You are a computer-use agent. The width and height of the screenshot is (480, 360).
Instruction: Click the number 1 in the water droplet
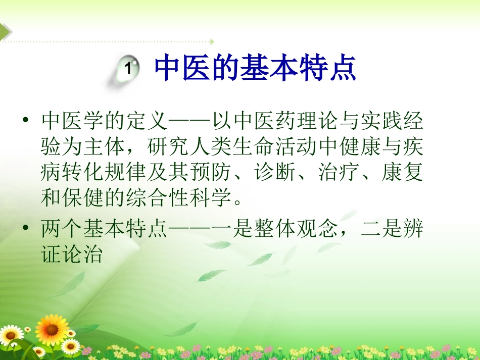(x=128, y=69)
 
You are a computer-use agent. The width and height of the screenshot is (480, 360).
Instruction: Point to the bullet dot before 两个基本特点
(x=26, y=228)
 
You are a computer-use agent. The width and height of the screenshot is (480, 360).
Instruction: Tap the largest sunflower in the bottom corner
(x=52, y=329)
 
